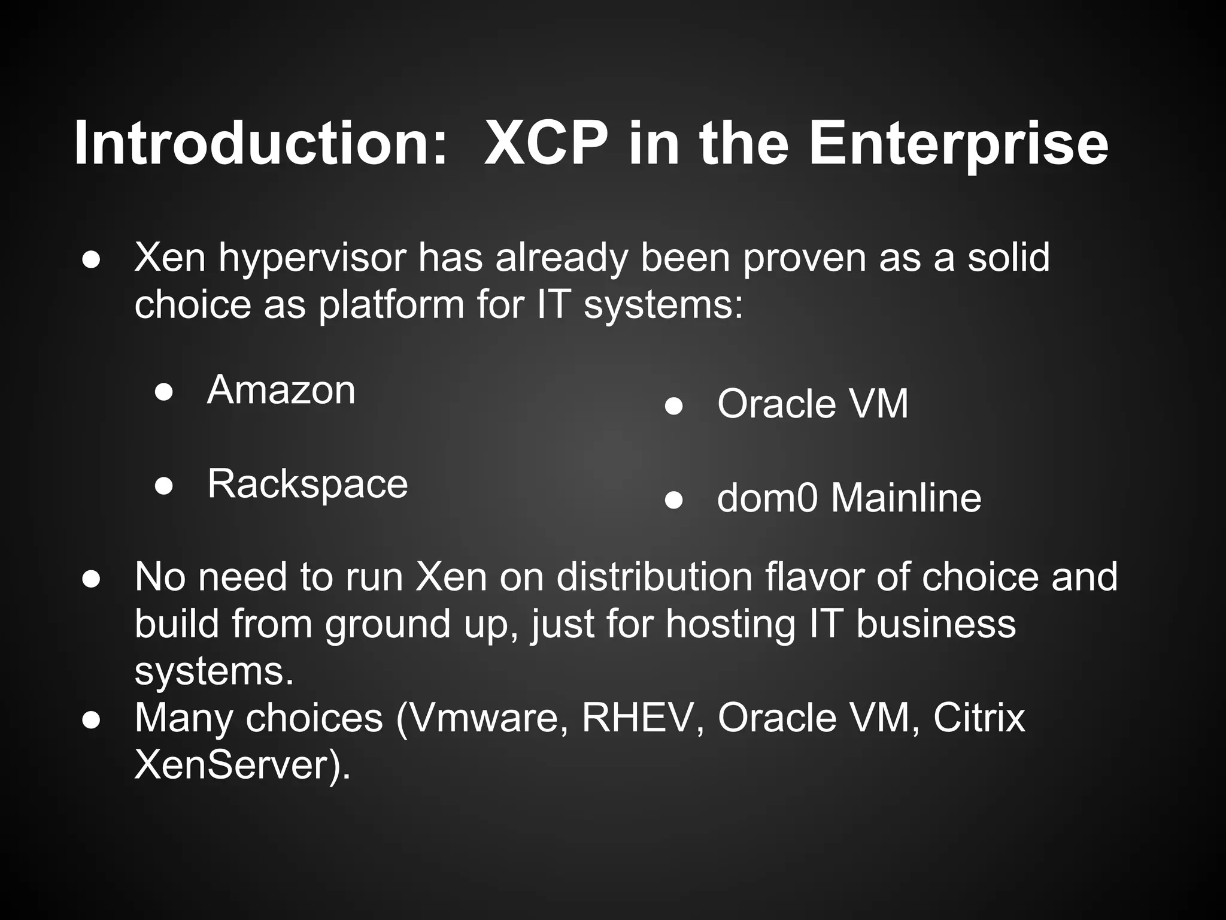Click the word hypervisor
(x=312, y=259)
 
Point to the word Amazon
(x=281, y=390)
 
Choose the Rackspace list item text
(x=307, y=484)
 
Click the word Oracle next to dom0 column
(x=776, y=404)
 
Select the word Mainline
(x=906, y=498)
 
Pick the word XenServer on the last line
(x=236, y=765)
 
